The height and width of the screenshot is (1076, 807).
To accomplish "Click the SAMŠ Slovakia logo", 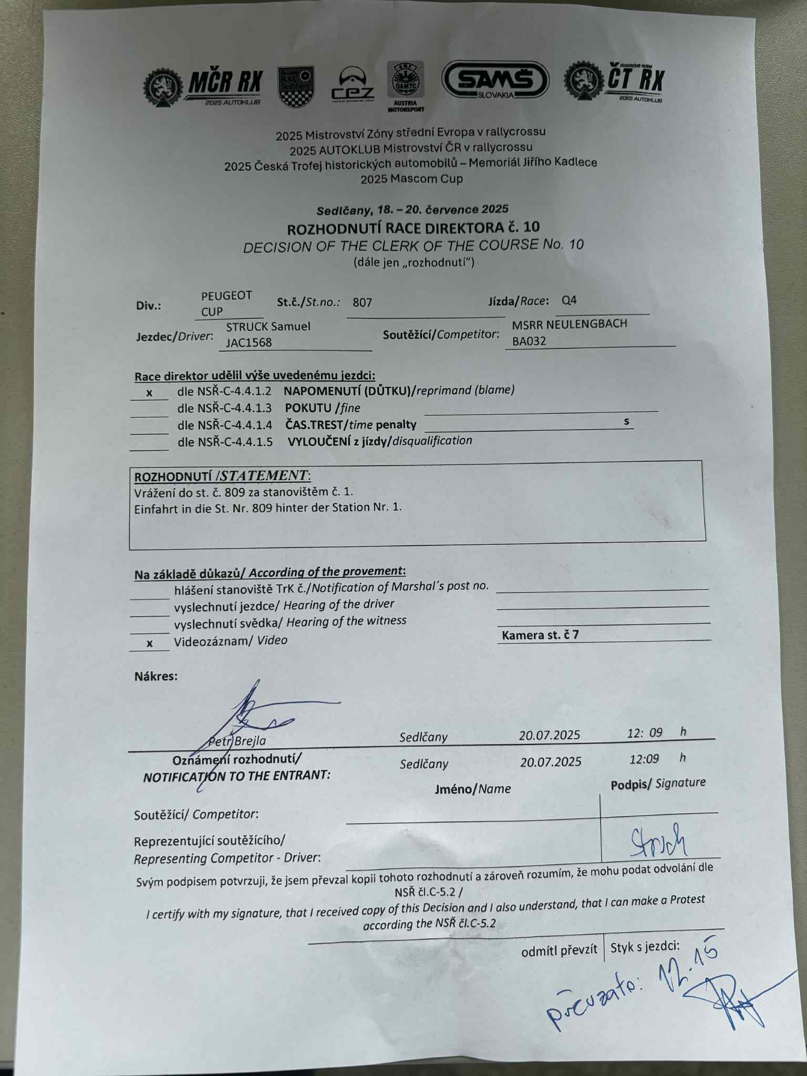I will (x=495, y=80).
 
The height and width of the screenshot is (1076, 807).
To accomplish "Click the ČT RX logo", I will (x=614, y=82).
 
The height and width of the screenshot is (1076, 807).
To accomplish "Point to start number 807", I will (x=363, y=303).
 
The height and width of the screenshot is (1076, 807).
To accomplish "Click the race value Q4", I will (x=569, y=301).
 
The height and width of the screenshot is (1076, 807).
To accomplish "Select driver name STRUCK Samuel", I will (x=268, y=326).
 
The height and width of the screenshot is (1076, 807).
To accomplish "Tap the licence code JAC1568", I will (x=249, y=343).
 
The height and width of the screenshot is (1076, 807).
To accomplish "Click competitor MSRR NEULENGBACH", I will (x=570, y=324).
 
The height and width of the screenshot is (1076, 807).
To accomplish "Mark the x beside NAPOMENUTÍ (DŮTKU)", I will (x=150, y=393).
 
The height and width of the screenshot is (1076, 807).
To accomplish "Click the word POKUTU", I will (x=308, y=408).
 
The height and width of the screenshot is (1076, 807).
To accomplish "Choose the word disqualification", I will (x=432, y=441).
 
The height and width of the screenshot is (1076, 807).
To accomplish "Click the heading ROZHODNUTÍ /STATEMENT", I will (x=222, y=477).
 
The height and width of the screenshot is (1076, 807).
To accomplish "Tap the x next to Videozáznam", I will (x=150, y=643).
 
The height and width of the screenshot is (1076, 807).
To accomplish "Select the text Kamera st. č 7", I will (x=540, y=635).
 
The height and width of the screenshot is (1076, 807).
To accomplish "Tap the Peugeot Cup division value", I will (x=226, y=303).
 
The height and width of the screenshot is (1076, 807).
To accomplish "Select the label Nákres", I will (x=156, y=676).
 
